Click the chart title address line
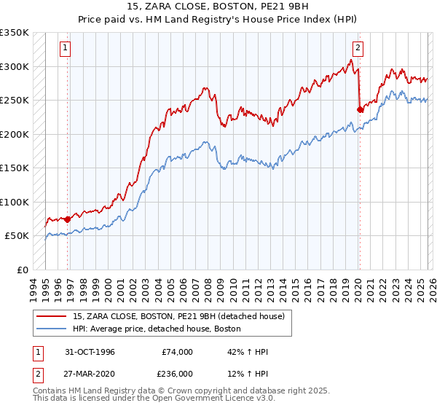pos(218,7)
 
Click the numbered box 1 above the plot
pos(65,49)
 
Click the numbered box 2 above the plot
pos(358,49)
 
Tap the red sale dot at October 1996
pos(67,219)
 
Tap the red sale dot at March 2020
pos(360,110)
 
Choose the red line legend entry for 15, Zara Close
pos(182,316)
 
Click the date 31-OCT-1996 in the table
pos(90,352)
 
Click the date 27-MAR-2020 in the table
pos(90,373)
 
